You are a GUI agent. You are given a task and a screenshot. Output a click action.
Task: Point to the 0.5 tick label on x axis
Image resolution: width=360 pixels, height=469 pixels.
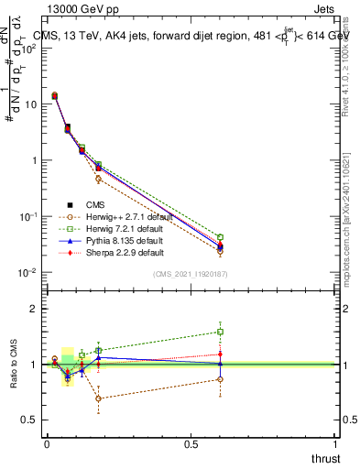point(191,443)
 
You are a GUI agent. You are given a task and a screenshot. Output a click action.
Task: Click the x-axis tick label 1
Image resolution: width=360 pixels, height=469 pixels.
point(336,443)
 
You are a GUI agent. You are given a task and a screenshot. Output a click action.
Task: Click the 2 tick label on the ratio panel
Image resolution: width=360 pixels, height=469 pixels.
point(33,309)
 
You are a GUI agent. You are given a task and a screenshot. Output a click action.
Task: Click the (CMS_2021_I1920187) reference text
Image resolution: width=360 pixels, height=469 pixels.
point(191,274)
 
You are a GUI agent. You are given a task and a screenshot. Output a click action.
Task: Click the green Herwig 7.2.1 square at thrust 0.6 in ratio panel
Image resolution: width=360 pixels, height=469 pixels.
point(221,332)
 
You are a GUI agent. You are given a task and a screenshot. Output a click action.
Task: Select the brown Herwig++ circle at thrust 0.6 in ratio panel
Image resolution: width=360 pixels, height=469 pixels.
point(221,379)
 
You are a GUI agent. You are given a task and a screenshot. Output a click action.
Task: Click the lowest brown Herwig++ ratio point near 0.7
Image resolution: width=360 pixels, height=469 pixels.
point(99,398)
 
